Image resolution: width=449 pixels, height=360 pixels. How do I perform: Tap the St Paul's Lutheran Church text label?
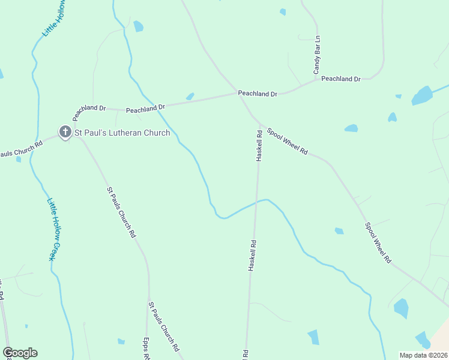click(122, 133)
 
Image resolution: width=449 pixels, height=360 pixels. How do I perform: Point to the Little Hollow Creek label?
click(55, 230)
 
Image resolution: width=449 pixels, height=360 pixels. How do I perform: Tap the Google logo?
click(20, 353)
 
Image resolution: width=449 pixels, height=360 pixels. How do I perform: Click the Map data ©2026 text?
click(423, 355)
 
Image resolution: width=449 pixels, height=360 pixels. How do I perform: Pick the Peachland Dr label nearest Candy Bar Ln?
click(340, 79)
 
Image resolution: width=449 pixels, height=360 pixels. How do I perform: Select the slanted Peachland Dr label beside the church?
click(89, 112)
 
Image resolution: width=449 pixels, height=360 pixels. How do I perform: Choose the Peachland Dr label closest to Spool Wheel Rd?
click(258, 94)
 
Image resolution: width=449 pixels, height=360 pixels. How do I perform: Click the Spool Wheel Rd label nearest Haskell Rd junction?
click(287, 143)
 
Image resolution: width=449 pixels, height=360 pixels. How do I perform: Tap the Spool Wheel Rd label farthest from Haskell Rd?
click(378, 243)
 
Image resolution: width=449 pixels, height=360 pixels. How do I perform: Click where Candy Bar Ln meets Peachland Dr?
click(316, 80)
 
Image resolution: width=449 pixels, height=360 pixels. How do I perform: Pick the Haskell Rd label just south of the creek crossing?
click(253, 256)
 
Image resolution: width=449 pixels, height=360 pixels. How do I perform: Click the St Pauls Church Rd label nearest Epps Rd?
click(163, 326)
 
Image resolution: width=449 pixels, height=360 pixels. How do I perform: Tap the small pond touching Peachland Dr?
click(190, 96)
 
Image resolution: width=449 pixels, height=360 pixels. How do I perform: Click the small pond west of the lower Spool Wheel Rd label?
click(339, 231)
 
